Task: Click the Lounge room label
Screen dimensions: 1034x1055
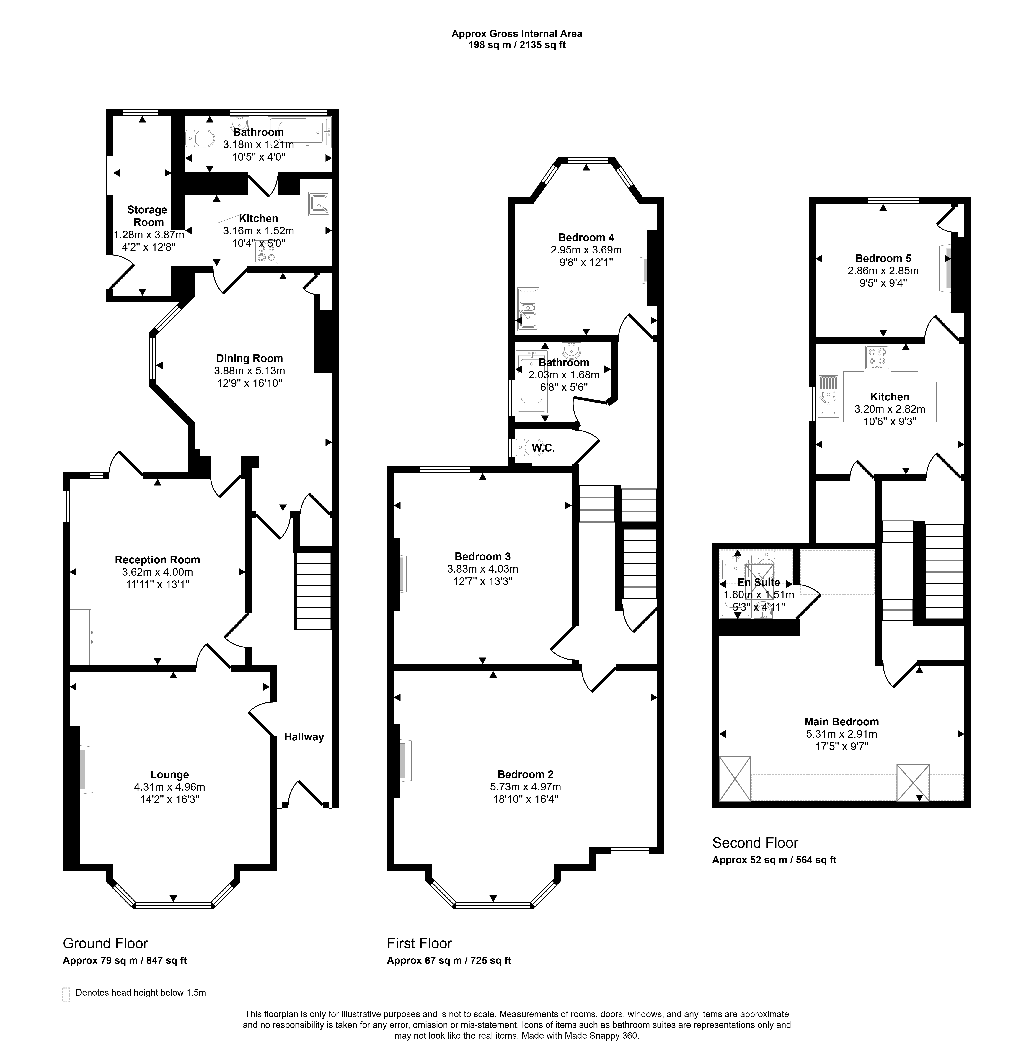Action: click(x=169, y=775)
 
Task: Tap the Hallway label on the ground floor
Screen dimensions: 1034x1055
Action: click(x=304, y=737)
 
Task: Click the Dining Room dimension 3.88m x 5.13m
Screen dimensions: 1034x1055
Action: click(x=249, y=371)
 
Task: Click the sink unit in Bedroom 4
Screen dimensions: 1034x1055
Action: click(x=527, y=309)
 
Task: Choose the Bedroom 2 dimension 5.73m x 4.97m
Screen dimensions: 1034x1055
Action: click(x=525, y=787)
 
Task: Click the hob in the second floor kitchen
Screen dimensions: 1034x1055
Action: click(x=877, y=358)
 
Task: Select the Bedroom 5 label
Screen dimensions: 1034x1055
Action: click(x=883, y=259)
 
